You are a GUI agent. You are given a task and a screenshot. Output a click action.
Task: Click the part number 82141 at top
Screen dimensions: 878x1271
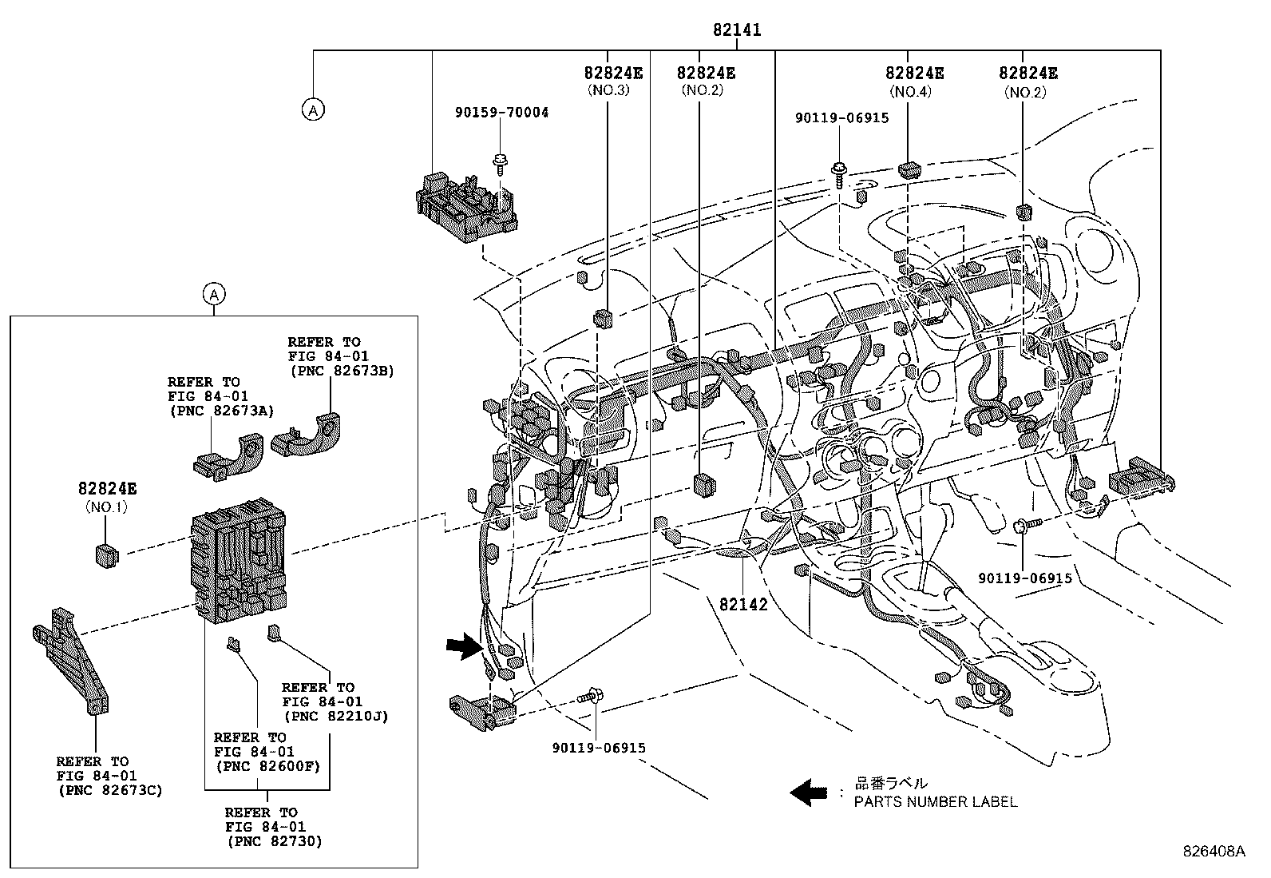(x=737, y=30)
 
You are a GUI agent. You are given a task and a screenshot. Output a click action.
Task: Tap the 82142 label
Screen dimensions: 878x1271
(x=742, y=605)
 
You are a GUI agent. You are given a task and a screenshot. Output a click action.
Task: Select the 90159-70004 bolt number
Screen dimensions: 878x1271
(x=502, y=113)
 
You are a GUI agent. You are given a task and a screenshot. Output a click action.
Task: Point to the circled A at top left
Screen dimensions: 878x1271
(x=313, y=109)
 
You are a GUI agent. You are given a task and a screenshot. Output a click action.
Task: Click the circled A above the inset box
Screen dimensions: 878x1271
(x=213, y=295)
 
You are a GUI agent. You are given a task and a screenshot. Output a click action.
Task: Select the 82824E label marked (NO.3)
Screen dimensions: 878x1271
(x=613, y=73)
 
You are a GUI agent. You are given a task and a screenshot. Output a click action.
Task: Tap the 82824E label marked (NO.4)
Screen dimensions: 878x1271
(x=914, y=73)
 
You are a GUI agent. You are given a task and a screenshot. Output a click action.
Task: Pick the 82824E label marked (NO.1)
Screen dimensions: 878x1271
(x=107, y=489)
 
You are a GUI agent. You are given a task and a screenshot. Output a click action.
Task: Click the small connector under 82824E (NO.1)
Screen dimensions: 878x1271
(x=105, y=554)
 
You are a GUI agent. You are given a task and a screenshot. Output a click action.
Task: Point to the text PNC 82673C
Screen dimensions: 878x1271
(x=110, y=790)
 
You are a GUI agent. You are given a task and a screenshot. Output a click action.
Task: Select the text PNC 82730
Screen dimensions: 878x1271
(x=274, y=841)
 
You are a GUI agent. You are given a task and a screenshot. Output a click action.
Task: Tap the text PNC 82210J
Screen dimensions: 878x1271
(x=335, y=716)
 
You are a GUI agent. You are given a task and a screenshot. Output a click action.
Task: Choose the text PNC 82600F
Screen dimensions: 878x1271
(x=267, y=766)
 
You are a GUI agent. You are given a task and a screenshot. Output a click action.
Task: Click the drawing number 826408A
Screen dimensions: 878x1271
(x=1214, y=852)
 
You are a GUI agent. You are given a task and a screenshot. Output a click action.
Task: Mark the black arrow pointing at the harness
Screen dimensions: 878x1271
(x=464, y=646)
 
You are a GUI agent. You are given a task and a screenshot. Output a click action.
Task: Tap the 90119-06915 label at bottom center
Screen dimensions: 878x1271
(x=598, y=748)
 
